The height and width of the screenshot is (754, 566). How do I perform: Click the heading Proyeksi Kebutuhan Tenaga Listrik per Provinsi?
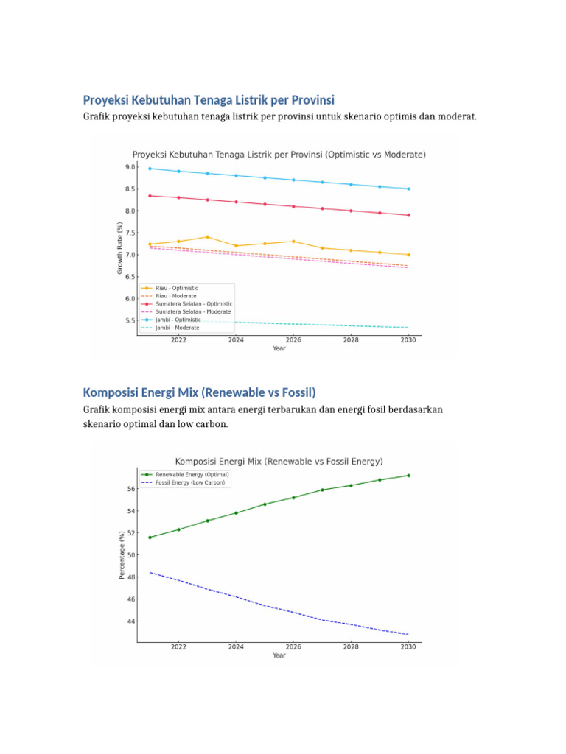click(209, 99)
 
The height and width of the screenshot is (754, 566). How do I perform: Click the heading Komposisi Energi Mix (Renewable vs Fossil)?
click(199, 392)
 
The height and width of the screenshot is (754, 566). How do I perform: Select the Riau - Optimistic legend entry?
click(177, 288)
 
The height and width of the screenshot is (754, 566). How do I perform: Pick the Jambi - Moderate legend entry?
click(176, 328)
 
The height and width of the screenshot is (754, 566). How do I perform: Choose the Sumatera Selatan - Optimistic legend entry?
click(193, 303)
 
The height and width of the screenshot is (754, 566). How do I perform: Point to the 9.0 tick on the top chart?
click(130, 167)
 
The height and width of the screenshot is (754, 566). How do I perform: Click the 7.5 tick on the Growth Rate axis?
click(130, 233)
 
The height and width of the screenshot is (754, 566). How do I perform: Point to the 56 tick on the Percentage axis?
click(131, 489)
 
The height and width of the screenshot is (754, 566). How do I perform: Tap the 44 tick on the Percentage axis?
click(131, 621)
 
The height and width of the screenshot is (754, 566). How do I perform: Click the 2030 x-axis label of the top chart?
click(408, 341)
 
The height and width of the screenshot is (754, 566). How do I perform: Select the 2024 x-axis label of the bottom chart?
click(236, 647)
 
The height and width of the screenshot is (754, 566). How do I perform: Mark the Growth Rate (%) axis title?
click(120, 248)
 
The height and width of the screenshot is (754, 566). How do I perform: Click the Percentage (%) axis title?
click(122, 554)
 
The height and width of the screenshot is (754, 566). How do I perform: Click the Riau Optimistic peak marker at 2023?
click(207, 237)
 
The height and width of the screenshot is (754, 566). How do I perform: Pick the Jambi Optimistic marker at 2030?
click(408, 188)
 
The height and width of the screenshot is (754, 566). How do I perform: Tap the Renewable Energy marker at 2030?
click(408, 476)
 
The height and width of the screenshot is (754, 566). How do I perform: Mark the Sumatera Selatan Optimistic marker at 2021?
click(150, 196)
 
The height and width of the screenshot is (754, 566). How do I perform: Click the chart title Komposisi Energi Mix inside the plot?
click(279, 462)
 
